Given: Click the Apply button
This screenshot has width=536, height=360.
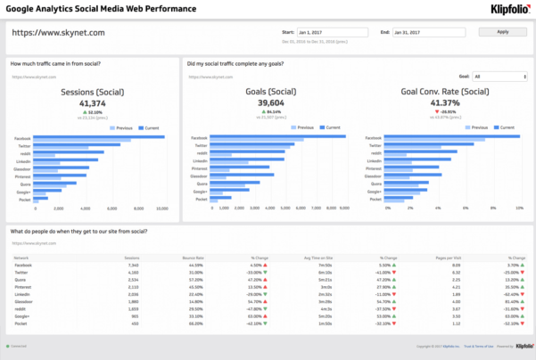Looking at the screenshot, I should (x=502, y=32).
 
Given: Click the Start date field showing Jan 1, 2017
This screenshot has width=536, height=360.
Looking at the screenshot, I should (x=336, y=32).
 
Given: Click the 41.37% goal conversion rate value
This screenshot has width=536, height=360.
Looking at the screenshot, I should (x=445, y=104).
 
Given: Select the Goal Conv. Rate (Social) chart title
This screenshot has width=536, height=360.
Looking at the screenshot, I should (x=445, y=92).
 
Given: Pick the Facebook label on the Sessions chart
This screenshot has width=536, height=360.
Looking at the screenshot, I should (x=23, y=138).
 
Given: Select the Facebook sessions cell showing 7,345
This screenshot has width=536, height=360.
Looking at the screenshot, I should (x=132, y=265).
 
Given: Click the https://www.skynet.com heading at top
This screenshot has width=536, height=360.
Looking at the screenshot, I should (x=59, y=32).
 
